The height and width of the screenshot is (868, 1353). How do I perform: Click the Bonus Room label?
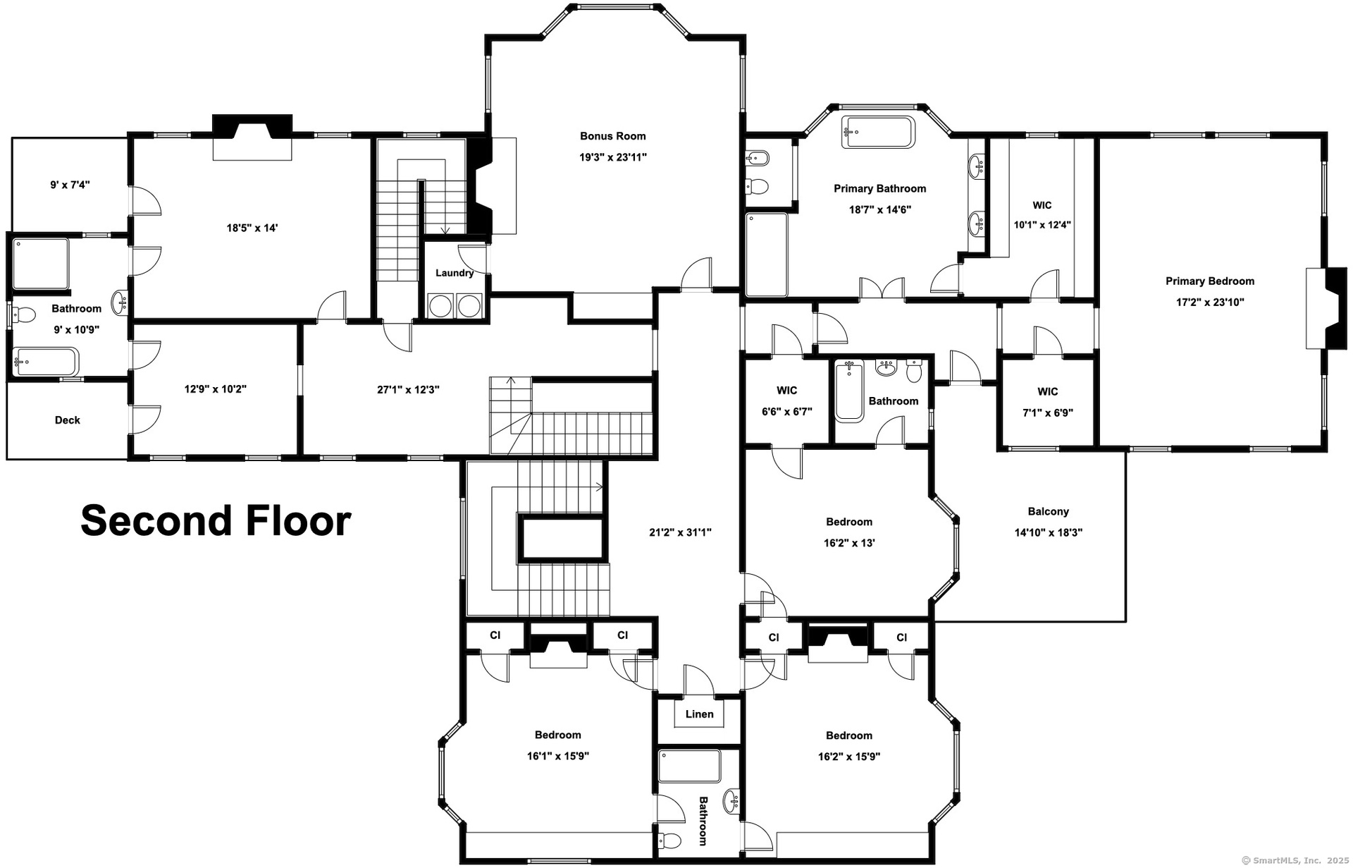pyautogui.click(x=612, y=136)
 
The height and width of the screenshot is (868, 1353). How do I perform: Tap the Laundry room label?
pyautogui.click(x=454, y=273)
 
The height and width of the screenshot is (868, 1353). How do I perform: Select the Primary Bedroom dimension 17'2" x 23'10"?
pyautogui.click(x=1209, y=302)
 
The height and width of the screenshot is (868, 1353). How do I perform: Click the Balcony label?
pyautogui.click(x=1048, y=511)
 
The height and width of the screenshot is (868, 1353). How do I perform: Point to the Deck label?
pyautogui.click(x=68, y=420)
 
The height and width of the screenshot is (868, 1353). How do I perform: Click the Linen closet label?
pyautogui.click(x=699, y=714)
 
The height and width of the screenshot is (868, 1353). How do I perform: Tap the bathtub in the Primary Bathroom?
pyautogui.click(x=878, y=133)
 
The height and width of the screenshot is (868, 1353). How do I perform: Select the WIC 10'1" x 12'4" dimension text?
pyautogui.click(x=1042, y=225)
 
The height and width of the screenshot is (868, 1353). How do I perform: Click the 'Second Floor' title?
pyautogui.click(x=216, y=520)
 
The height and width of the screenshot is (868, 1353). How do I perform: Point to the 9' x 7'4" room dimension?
pyautogui.click(x=70, y=185)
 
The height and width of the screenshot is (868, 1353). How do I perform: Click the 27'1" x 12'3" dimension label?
pyautogui.click(x=408, y=389)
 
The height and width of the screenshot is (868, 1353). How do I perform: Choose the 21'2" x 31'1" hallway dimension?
pyautogui.click(x=680, y=532)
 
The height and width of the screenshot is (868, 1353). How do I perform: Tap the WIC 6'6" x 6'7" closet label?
pyautogui.click(x=786, y=401)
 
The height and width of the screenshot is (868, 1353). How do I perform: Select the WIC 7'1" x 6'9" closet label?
pyautogui.click(x=1047, y=402)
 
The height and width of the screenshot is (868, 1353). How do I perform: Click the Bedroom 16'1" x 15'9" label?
pyautogui.click(x=557, y=745)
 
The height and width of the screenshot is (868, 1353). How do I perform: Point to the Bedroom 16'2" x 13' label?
pyautogui.click(x=848, y=532)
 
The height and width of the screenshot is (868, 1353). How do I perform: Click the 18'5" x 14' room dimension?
pyautogui.click(x=252, y=228)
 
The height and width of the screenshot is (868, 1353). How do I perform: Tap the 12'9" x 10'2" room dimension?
pyautogui.click(x=215, y=389)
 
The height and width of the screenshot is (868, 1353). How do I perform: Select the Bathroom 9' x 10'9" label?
pyautogui.click(x=76, y=319)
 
